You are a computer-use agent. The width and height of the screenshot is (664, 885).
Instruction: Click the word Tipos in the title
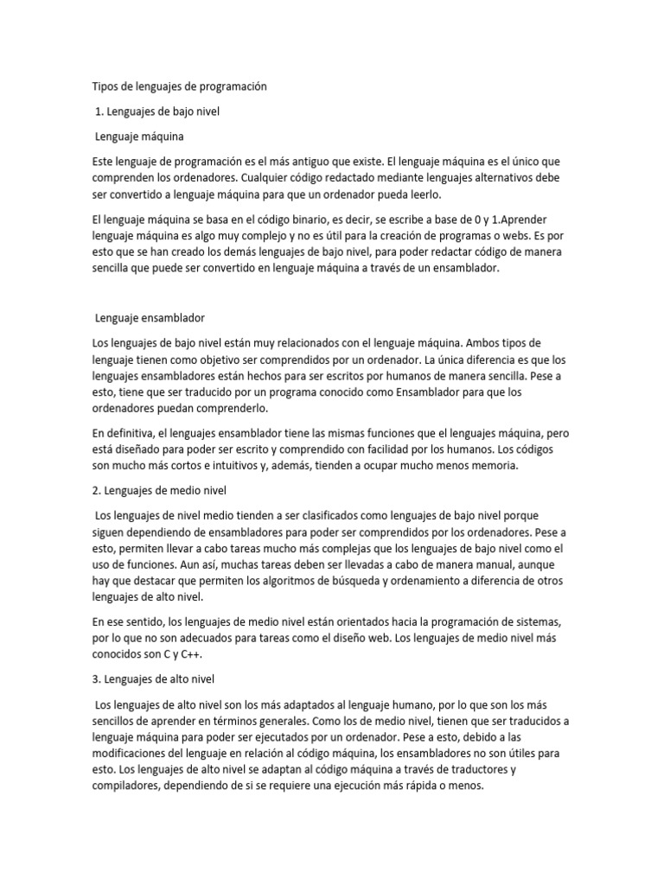click(x=105, y=86)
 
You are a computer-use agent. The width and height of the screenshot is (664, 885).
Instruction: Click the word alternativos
click(x=501, y=178)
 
